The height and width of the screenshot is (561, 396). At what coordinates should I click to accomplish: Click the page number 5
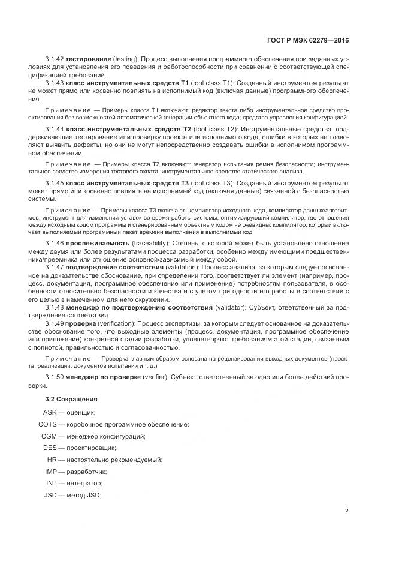point(347,510)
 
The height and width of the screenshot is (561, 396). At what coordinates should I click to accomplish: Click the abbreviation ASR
point(50,413)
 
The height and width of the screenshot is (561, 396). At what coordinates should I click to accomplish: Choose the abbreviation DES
point(50,448)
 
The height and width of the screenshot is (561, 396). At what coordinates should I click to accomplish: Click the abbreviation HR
point(52,460)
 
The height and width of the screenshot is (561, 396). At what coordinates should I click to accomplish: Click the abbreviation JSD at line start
point(51,495)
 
